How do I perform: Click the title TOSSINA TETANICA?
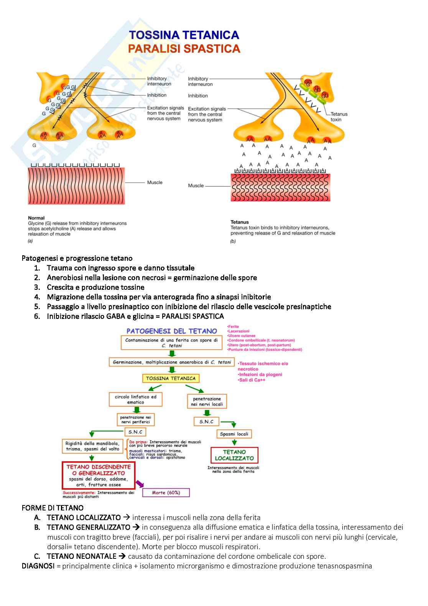click(x=184, y=35)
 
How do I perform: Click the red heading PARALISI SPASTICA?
click(x=184, y=49)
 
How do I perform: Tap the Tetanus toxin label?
click(x=339, y=117)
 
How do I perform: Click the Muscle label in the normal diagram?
click(x=155, y=183)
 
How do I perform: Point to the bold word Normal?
click(x=36, y=218)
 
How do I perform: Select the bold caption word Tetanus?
click(x=240, y=222)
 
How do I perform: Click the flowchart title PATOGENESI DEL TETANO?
click(x=171, y=331)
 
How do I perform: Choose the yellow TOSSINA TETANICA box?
click(x=171, y=378)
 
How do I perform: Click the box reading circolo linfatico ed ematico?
click(x=135, y=400)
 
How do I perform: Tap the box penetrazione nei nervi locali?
click(x=207, y=401)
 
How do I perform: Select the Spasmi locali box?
click(x=234, y=434)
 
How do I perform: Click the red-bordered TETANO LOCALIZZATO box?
click(x=234, y=455)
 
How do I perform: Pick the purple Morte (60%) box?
click(x=166, y=492)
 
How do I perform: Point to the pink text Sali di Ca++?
click(x=252, y=380)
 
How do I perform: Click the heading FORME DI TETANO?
click(x=53, y=508)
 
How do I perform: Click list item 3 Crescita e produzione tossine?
click(x=95, y=287)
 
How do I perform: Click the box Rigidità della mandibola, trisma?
click(x=92, y=446)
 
